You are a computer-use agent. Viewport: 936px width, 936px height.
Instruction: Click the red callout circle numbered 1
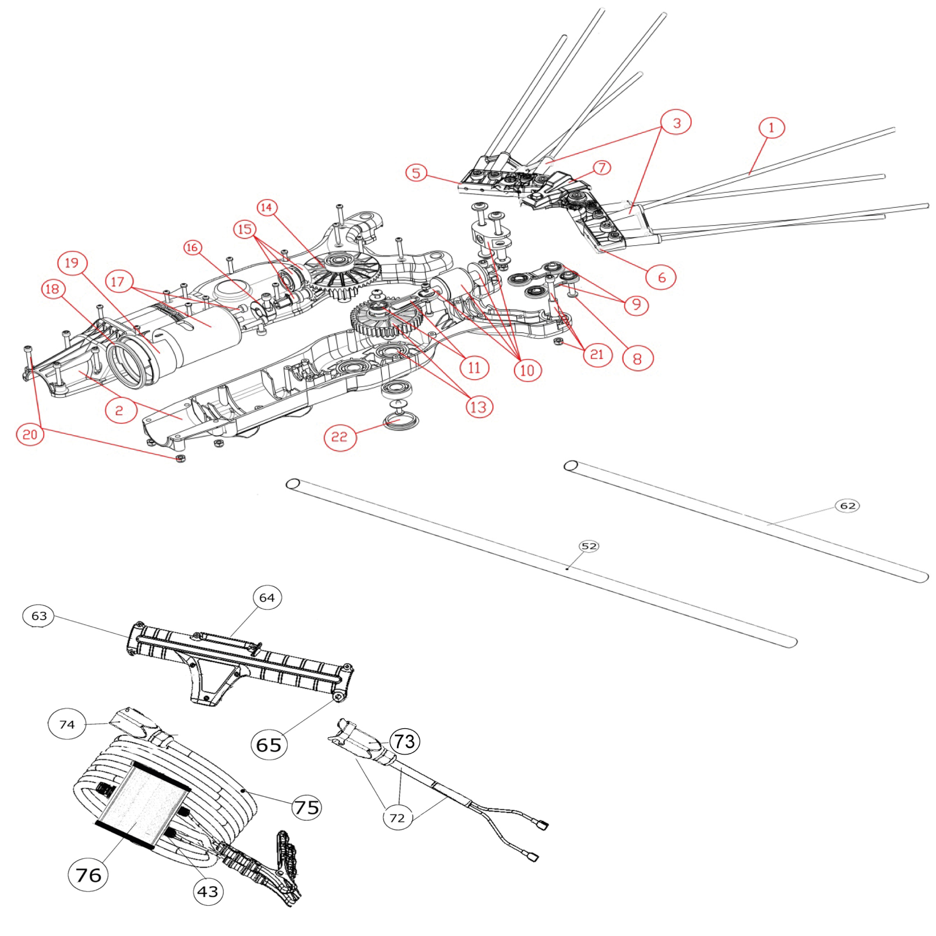click(771, 128)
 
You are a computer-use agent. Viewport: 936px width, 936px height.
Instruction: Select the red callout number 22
click(340, 437)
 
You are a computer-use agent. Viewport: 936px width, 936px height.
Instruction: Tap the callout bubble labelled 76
click(88, 875)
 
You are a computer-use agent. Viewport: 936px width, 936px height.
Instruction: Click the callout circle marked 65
click(269, 744)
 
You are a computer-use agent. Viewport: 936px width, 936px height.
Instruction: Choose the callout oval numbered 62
click(848, 506)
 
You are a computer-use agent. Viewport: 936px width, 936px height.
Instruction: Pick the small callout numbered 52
click(589, 547)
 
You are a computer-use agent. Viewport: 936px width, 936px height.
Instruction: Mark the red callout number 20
click(30, 434)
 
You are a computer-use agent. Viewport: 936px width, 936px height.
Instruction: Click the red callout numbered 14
click(266, 207)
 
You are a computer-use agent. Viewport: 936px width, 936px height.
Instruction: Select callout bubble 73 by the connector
click(405, 741)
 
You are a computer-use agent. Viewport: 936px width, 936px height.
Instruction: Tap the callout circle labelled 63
click(39, 616)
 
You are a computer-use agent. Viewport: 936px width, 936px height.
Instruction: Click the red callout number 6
click(661, 277)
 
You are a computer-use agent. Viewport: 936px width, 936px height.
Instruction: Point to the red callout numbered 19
click(72, 263)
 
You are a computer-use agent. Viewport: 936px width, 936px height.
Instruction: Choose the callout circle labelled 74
click(67, 724)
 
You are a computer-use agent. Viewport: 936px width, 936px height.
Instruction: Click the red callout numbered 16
click(192, 248)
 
